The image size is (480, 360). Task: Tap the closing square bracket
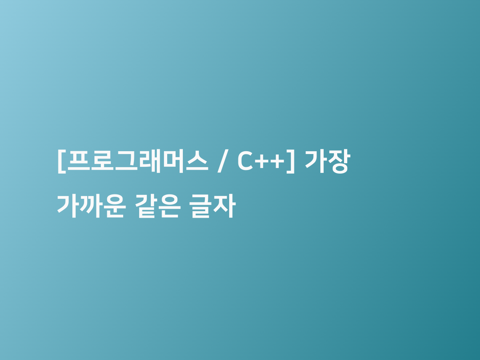[290, 162]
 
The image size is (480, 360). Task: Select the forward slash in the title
[223, 161]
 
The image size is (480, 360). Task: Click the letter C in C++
[245, 161]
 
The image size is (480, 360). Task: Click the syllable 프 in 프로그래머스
[79, 161]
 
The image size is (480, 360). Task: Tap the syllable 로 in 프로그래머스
[102, 161]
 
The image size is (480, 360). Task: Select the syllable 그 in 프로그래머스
[126, 161]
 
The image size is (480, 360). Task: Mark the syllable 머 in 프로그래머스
[173, 161]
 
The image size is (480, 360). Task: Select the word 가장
[328, 162]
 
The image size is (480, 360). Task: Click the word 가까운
[92, 206]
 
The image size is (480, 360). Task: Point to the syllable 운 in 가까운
[114, 206]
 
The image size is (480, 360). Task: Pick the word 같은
[158, 206]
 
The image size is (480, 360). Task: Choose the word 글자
[212, 206]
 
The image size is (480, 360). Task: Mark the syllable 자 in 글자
[224, 206]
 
